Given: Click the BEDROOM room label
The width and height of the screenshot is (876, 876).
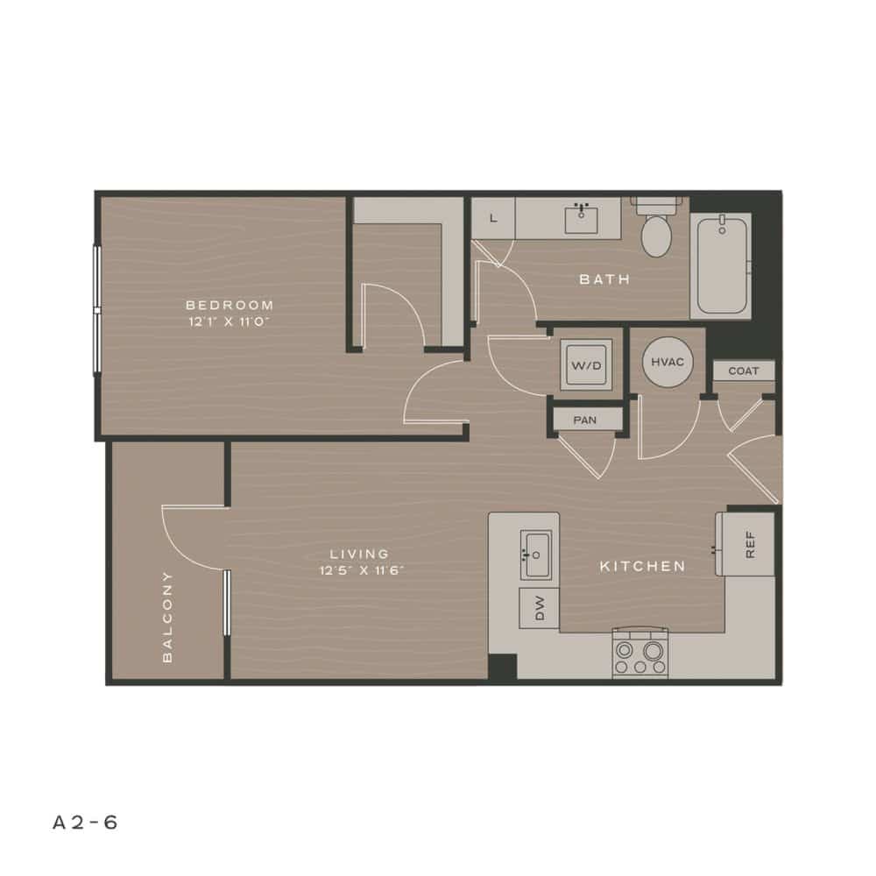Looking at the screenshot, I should pos(230,305).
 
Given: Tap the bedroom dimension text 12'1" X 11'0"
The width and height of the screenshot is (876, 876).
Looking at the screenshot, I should pos(230,321).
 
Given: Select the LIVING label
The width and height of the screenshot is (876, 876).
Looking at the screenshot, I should pos(359,554).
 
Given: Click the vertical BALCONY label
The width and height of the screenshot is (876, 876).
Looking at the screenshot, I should pos(166,616).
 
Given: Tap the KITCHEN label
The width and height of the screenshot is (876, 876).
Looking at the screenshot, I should pos(642,567).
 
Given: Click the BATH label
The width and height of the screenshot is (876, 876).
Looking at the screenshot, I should pos(604,279).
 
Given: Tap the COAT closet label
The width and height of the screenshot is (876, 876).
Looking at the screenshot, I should pos(744,371).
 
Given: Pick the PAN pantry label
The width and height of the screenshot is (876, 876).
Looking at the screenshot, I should pos(585,420).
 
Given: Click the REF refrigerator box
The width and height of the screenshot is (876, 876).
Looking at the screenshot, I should pos(746,544).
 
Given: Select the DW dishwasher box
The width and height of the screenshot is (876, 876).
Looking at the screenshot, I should pos(538,608).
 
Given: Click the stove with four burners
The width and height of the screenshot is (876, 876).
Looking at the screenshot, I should pos(639,654).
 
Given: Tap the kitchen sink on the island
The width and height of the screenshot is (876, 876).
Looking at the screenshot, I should pos(536,555).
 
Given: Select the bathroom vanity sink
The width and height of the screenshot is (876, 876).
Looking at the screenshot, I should pos(581,218).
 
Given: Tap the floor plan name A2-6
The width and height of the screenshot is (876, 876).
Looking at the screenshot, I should pos(85,823).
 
